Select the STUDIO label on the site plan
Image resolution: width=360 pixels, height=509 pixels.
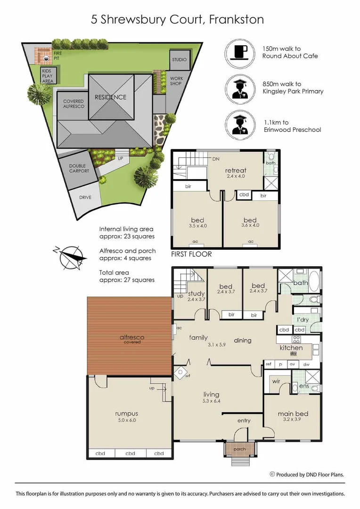pyautogui.click(x=179, y=60)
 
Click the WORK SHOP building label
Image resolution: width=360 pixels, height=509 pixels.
pyautogui.click(x=176, y=81)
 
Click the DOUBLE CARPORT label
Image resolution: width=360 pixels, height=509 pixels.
pyautogui.click(x=79, y=168)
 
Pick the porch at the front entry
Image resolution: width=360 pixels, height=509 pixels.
pyautogui.click(x=239, y=449)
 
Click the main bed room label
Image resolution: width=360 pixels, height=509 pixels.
pyautogui.click(x=292, y=413)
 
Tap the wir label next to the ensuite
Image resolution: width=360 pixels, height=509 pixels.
pyautogui.click(x=276, y=382)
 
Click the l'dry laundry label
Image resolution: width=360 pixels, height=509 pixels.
pyautogui.click(x=303, y=320)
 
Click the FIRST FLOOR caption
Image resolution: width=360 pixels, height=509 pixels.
pyautogui.click(x=191, y=254)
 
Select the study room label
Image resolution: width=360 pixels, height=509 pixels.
pyautogui.click(x=196, y=294)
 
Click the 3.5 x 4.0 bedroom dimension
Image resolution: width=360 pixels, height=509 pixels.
pyautogui.click(x=197, y=226)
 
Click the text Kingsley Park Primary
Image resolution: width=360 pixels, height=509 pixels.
pyautogui.click(x=293, y=91)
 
